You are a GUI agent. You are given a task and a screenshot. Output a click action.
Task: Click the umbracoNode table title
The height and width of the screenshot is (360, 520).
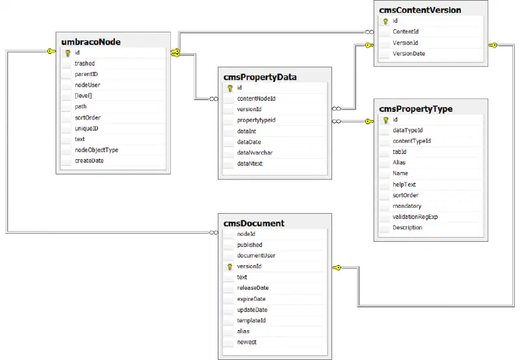(x=91, y=42)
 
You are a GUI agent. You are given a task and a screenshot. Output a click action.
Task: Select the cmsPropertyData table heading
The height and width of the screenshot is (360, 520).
(x=260, y=77)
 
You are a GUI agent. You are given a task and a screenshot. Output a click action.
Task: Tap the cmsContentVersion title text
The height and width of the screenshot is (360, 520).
(x=420, y=10)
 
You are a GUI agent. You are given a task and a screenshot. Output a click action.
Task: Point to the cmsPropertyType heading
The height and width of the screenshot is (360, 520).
(x=415, y=109)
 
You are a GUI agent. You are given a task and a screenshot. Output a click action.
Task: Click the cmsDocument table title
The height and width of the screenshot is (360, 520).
(x=253, y=224)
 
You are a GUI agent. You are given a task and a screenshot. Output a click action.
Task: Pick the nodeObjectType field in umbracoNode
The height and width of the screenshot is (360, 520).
(x=96, y=150)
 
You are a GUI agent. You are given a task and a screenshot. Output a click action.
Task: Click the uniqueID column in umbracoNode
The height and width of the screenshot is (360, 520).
(x=86, y=129)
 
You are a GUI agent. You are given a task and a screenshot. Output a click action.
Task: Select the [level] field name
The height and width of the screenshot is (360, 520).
(x=83, y=96)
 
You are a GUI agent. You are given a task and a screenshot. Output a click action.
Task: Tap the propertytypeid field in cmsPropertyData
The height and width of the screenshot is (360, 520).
(x=256, y=120)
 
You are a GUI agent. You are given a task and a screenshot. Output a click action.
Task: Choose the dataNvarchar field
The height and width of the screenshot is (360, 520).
(x=255, y=153)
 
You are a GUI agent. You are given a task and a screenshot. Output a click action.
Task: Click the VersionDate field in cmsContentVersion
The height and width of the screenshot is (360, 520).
(x=409, y=54)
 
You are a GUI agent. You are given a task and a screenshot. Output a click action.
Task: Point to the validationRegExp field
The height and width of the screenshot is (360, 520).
(x=415, y=217)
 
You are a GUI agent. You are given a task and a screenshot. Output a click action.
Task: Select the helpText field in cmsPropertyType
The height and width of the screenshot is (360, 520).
(x=404, y=185)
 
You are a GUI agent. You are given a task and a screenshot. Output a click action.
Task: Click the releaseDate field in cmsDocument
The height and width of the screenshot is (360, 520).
(x=253, y=288)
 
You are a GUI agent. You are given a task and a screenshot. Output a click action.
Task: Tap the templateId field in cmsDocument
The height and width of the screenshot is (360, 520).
(x=251, y=320)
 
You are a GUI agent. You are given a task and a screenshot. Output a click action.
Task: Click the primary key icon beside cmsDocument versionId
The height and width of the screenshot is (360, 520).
(x=229, y=267)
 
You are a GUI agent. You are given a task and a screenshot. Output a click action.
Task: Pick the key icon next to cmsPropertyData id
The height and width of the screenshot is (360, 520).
(x=230, y=88)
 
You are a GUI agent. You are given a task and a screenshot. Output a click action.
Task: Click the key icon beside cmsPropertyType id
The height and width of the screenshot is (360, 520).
(x=385, y=120)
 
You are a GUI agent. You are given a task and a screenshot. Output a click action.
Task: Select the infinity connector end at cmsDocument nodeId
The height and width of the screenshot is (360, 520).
(x=214, y=233)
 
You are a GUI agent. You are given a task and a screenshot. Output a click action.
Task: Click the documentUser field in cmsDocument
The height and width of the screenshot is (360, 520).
(x=256, y=255)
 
